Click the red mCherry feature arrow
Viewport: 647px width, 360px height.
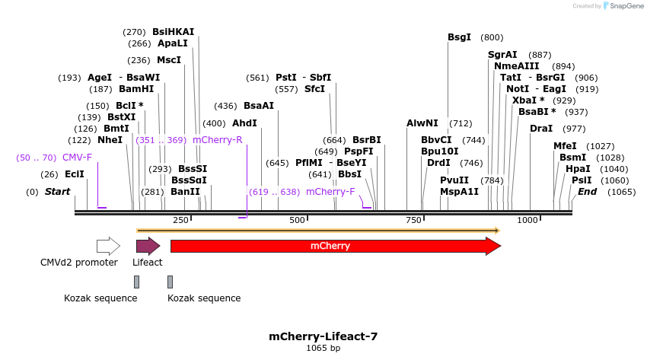tap(336, 246)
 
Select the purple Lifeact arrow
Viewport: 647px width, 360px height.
tap(148, 246)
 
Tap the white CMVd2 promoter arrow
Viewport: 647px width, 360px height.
tap(108, 246)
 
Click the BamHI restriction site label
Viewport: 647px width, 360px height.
tap(136, 89)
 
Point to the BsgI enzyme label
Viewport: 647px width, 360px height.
tap(459, 37)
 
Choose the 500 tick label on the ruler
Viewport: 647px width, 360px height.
tap(297, 220)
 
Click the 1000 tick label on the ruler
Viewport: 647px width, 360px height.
tap(527, 220)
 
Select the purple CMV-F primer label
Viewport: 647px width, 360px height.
tap(77, 157)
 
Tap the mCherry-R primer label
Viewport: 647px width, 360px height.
tap(218, 140)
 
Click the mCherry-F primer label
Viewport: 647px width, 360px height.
tap(330, 191)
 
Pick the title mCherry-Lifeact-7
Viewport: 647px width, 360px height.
tap(323, 336)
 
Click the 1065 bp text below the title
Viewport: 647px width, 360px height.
tap(323, 348)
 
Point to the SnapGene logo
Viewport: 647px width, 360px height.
tap(623, 6)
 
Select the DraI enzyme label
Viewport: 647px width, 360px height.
tap(541, 129)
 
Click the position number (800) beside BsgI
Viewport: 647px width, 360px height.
tap(492, 37)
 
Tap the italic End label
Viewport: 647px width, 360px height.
tap(587, 191)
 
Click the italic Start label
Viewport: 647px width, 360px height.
tap(57, 191)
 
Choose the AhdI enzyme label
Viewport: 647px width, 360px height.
tap(244, 123)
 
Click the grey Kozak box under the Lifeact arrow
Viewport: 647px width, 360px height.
tap(136, 282)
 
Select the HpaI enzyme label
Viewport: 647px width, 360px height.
tap(578, 169)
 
